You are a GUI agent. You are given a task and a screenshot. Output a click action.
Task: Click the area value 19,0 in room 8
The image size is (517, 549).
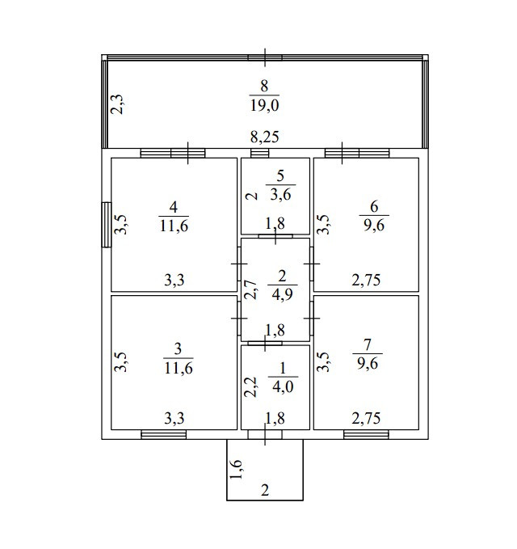pyautogui.click(x=264, y=105)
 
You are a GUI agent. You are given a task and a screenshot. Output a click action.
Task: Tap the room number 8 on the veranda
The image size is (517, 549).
pyautogui.click(x=264, y=85)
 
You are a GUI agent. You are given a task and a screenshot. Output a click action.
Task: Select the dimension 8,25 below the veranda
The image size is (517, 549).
pyautogui.click(x=264, y=137)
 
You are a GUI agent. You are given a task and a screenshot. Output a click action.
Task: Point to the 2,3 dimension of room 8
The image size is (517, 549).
pyautogui.click(x=116, y=104)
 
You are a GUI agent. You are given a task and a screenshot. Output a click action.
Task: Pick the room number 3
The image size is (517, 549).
pyautogui.click(x=178, y=348)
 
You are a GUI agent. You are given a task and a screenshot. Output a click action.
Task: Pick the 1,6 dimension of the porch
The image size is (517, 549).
pyautogui.click(x=234, y=470)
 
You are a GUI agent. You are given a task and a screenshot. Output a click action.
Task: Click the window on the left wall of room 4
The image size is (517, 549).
pyautogui.click(x=105, y=224)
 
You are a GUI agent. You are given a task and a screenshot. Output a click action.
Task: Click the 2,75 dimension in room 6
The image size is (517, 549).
pyautogui.click(x=366, y=281)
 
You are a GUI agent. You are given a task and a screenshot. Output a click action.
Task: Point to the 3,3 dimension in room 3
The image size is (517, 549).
pyautogui.click(x=174, y=418)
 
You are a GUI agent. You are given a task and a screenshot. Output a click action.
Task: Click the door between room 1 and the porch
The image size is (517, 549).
pyautogui.click(x=265, y=435)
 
